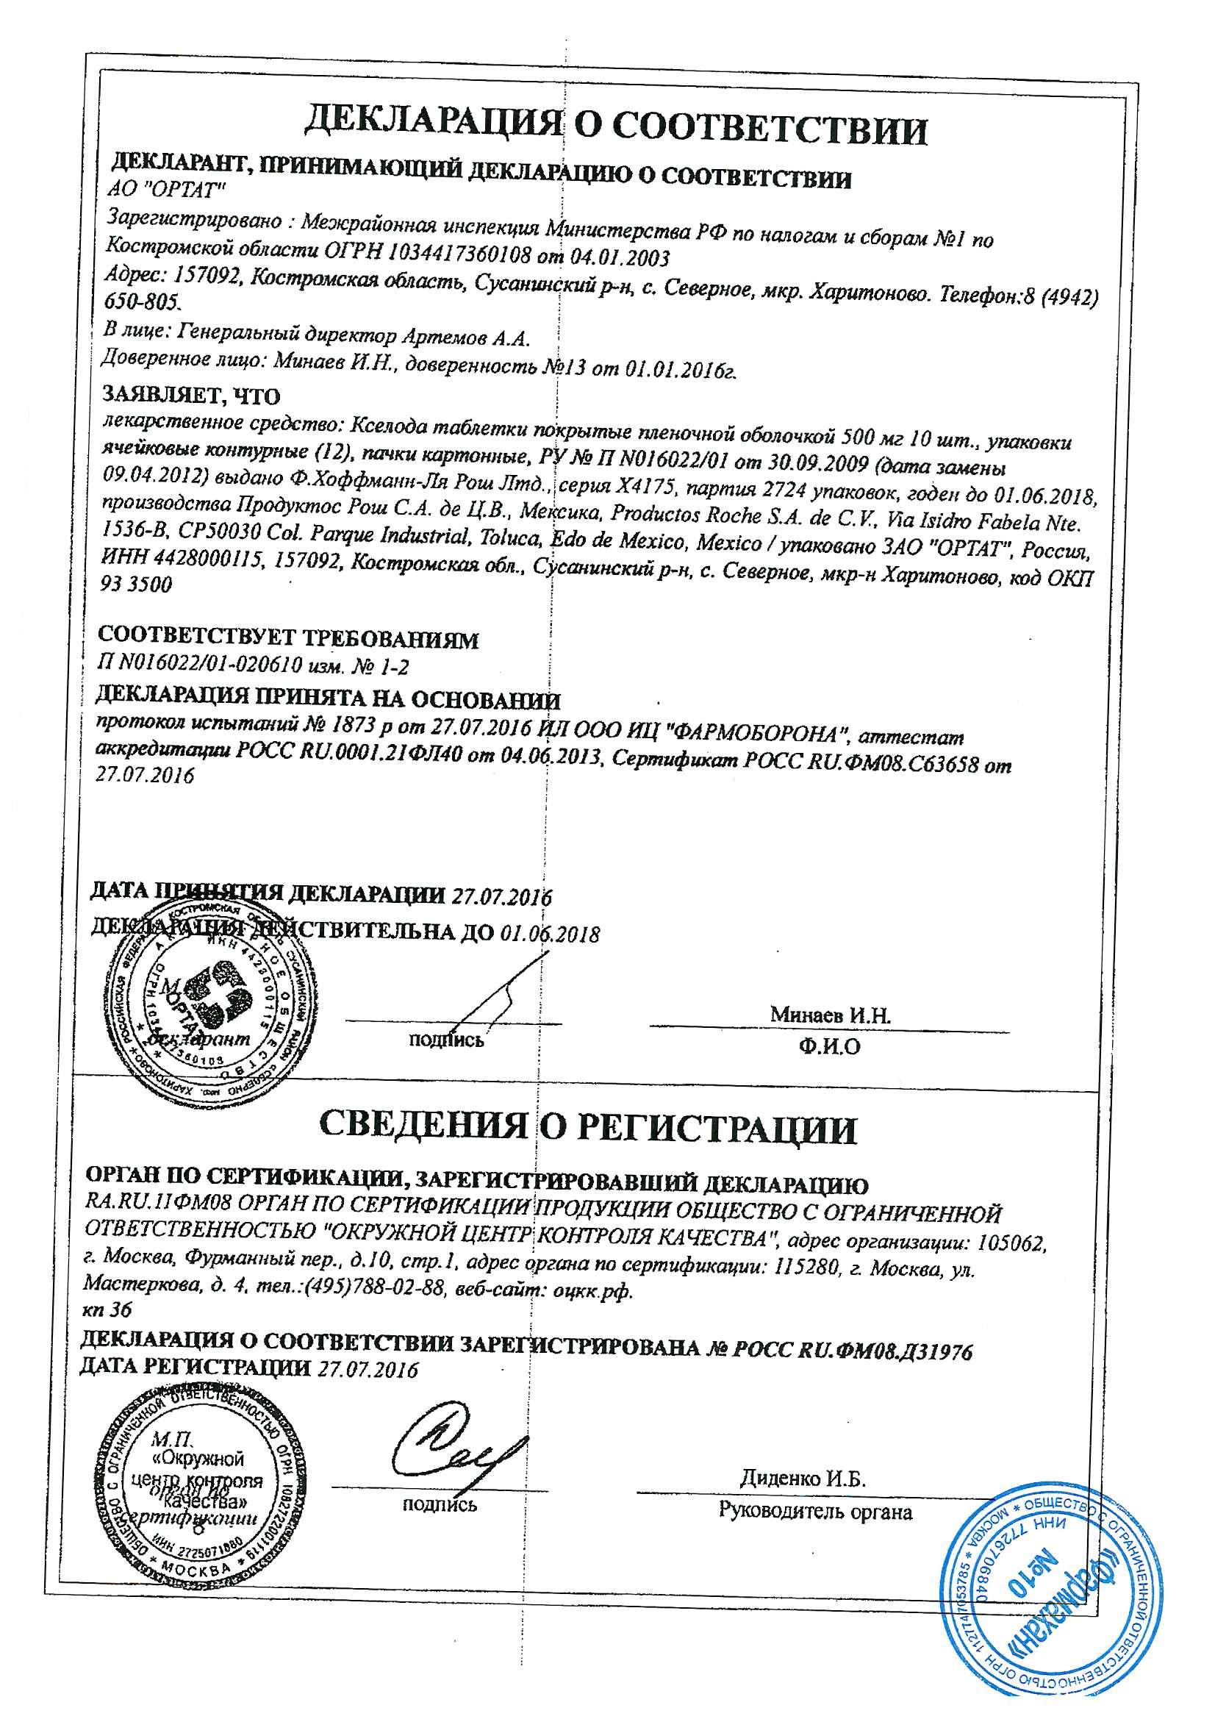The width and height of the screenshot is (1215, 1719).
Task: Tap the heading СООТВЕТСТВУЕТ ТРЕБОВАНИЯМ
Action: [288, 640]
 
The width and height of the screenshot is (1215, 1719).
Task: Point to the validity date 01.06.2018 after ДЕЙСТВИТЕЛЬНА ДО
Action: [550, 934]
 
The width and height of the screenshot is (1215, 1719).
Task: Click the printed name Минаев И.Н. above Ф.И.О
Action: [830, 1016]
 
